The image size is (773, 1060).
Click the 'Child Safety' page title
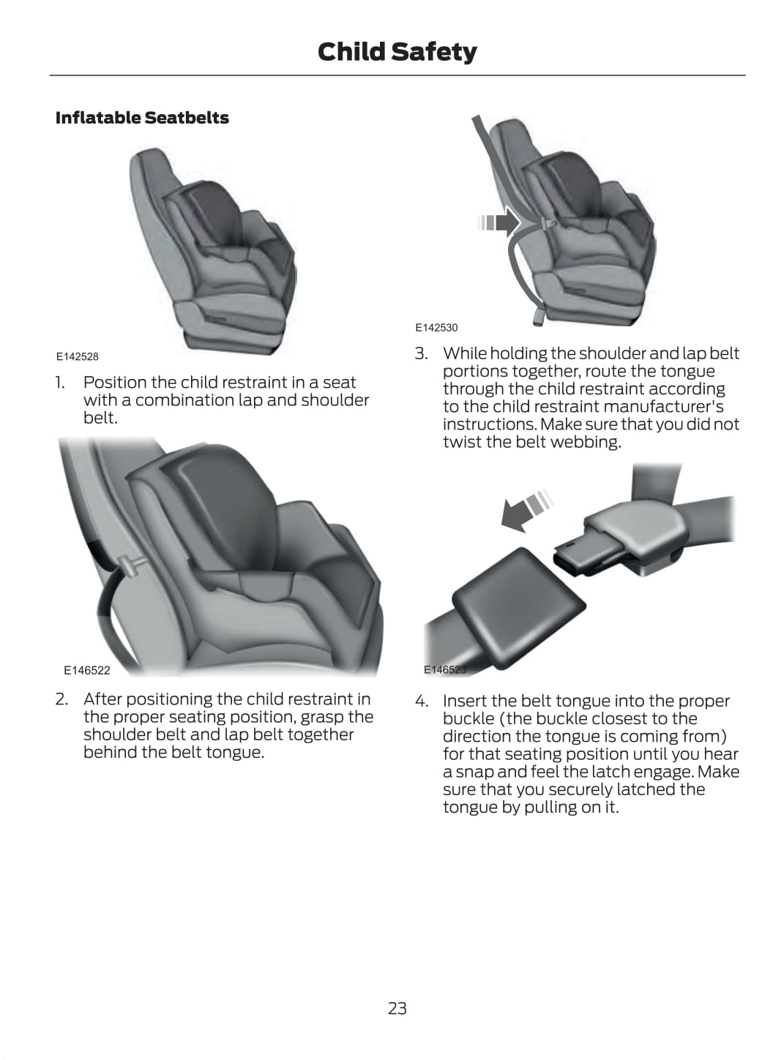coord(397,52)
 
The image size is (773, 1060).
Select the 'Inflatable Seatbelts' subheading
coord(142,117)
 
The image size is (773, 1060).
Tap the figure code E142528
coord(77,356)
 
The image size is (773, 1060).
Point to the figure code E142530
coord(436,328)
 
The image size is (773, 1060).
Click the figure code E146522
coord(86,670)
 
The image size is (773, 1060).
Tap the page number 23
coord(397,1008)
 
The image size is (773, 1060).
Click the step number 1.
coord(60,382)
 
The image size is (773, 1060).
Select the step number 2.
coord(61,699)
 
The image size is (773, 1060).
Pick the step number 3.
coord(421,353)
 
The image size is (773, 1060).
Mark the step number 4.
coord(422,701)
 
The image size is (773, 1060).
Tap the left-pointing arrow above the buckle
coord(526,511)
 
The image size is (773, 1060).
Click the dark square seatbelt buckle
coord(519,609)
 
